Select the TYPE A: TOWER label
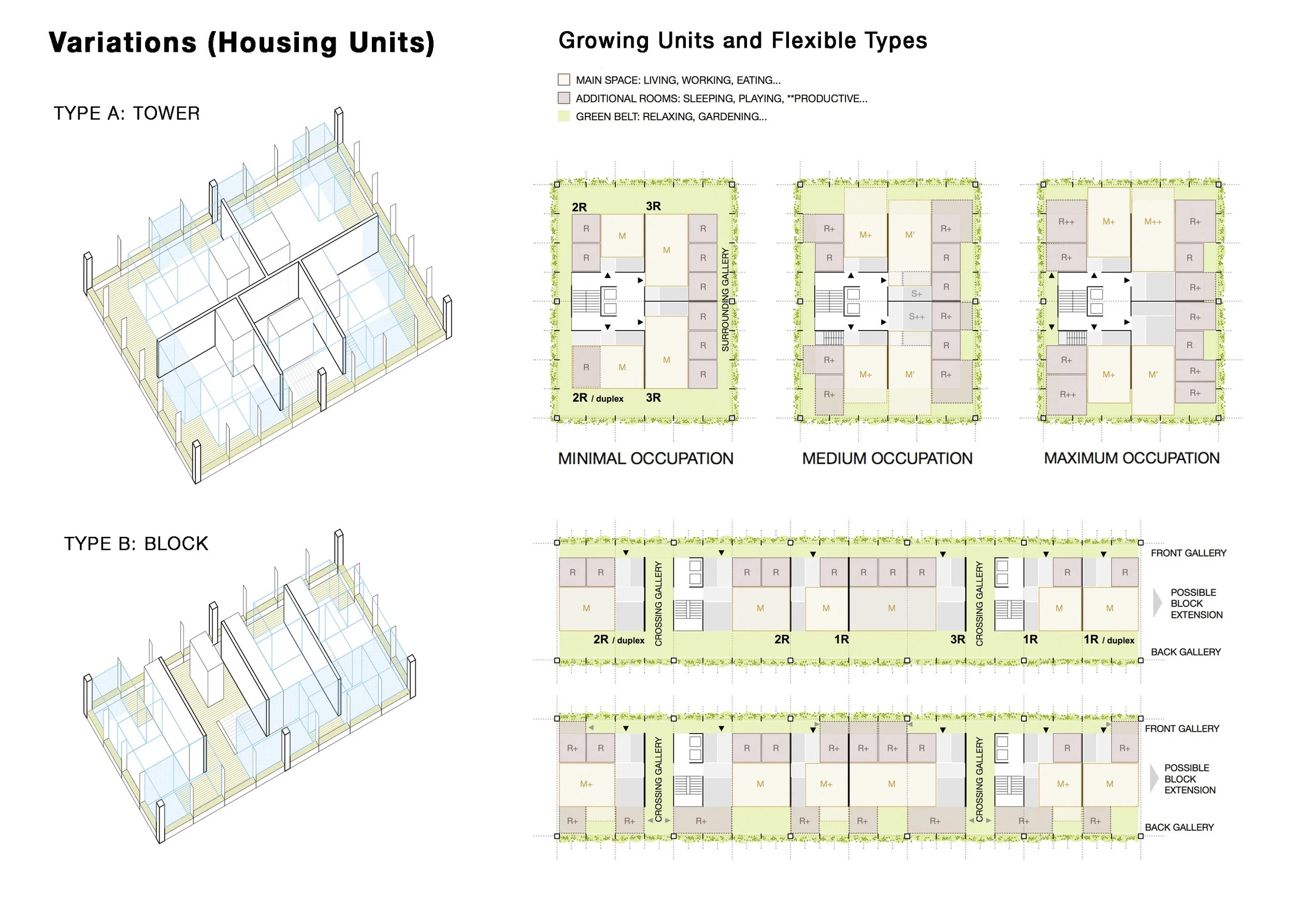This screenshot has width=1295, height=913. pyautogui.click(x=127, y=113)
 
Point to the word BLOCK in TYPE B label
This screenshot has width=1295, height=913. pyautogui.click(x=177, y=544)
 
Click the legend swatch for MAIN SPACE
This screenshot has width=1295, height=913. pyautogui.click(x=564, y=80)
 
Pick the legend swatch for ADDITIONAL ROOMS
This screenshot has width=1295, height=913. pyautogui.click(x=564, y=97)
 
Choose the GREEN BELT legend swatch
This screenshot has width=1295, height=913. pyautogui.click(x=564, y=116)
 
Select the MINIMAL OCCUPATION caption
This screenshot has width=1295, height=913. pyautogui.click(x=646, y=458)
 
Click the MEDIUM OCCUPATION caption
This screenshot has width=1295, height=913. pyautogui.click(x=887, y=458)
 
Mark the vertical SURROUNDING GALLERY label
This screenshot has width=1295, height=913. pyautogui.click(x=725, y=299)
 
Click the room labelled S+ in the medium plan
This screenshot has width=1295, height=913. pyautogui.click(x=916, y=294)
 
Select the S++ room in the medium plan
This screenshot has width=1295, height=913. pyautogui.click(x=916, y=317)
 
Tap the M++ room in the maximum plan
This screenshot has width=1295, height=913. pyautogui.click(x=1153, y=222)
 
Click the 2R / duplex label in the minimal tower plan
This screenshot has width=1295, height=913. pyautogui.click(x=598, y=398)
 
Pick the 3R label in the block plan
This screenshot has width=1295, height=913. pyautogui.click(x=958, y=639)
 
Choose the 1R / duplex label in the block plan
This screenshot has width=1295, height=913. pyautogui.click(x=1109, y=639)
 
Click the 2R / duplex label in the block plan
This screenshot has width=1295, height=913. pyautogui.click(x=618, y=639)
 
